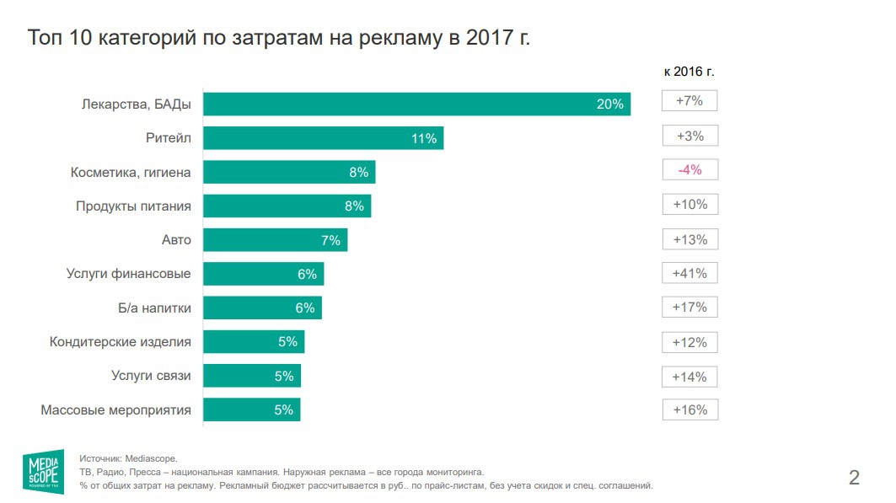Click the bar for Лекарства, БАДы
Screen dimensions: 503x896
coord(416,104)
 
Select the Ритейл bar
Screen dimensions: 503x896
coord(323,138)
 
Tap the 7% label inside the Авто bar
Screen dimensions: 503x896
coord(330,240)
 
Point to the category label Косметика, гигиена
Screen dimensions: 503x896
coord(131,173)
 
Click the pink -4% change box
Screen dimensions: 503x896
coord(689,170)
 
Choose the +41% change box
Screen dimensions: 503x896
coord(689,273)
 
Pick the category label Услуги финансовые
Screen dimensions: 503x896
coord(128,274)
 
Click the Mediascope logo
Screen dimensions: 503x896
coord(43,471)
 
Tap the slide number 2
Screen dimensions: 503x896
coord(854,479)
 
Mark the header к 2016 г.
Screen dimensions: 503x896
coord(689,72)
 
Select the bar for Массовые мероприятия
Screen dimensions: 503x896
coord(251,410)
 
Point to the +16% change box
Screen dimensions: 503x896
coord(689,410)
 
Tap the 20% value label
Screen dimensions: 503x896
coord(609,104)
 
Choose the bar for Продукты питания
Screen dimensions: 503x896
coord(287,206)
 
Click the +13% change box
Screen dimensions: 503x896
coord(689,239)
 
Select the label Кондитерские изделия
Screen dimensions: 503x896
coord(121,342)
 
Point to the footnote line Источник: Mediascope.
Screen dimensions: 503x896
coord(128,458)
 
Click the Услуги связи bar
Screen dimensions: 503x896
coord(251,376)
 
